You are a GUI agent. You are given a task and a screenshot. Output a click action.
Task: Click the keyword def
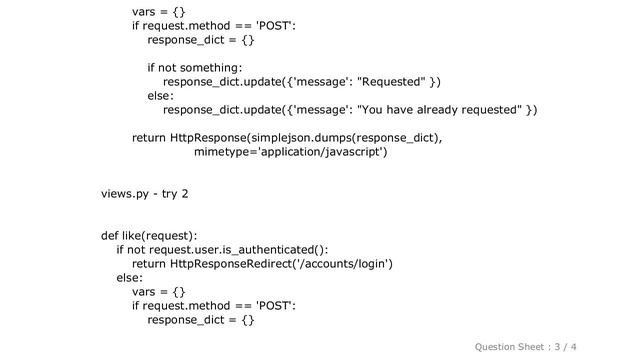coord(111,235)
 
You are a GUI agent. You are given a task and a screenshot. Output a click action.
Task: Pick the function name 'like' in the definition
coord(136,235)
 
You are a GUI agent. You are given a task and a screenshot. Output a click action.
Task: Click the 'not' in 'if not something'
coord(170,67)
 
